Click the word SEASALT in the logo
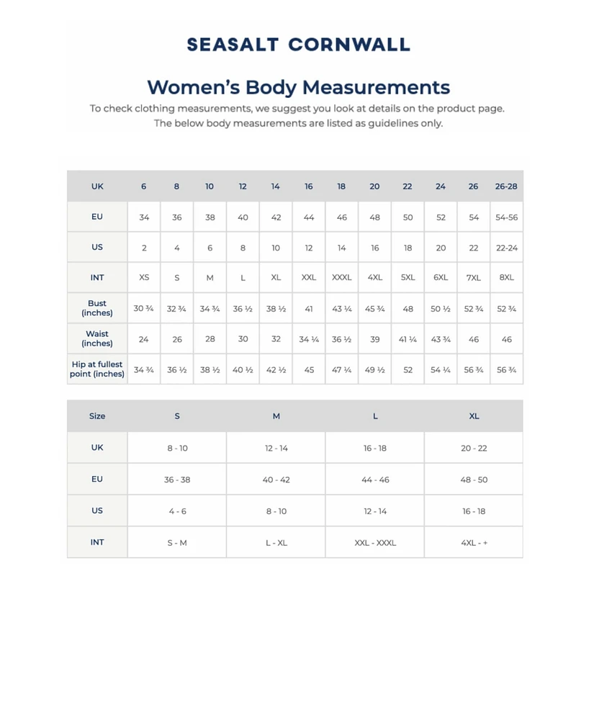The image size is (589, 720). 233,45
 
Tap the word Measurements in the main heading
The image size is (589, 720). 376,88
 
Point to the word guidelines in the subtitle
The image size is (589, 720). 379,123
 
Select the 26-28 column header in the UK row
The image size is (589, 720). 506,186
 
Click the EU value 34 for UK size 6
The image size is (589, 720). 144,217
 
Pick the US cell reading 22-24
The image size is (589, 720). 506,248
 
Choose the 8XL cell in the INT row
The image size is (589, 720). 506,278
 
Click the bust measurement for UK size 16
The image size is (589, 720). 309,309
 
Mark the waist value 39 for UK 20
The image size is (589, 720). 374,339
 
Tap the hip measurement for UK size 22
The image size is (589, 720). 408,370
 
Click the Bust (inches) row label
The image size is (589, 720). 97,308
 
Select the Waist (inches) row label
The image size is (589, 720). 97,338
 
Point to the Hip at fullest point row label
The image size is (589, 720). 97,369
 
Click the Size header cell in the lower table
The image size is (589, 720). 97,416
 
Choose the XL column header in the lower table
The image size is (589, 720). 474,416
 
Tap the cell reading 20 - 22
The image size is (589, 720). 474,448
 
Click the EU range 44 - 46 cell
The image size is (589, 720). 374,480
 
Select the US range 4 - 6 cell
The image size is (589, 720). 177,511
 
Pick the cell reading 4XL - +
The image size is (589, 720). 474,543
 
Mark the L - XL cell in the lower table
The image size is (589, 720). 276,543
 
